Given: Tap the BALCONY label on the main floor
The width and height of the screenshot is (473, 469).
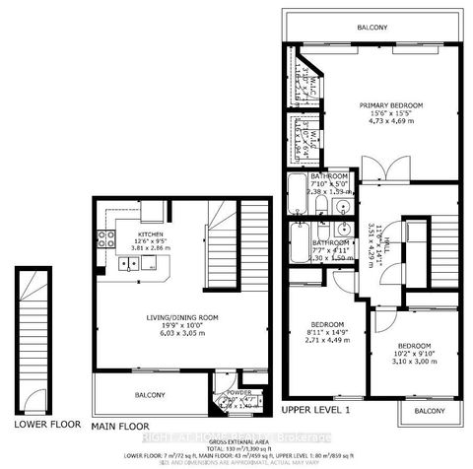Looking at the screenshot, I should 150,395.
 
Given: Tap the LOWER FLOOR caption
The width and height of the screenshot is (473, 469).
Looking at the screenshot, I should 44,425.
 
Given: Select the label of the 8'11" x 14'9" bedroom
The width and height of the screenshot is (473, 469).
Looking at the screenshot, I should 327,325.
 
